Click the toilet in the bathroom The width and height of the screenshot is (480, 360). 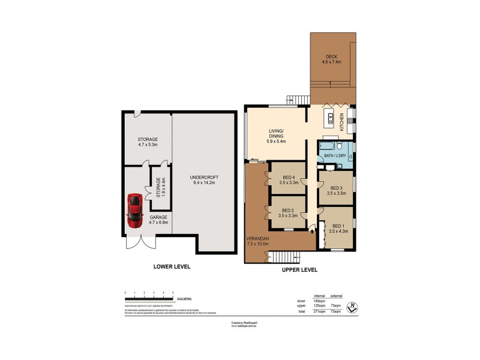click(339, 146)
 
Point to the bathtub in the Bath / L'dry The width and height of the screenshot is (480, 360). click(327, 146)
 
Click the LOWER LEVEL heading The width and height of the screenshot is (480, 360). click(171, 266)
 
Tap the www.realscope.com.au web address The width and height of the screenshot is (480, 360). click(244, 326)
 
